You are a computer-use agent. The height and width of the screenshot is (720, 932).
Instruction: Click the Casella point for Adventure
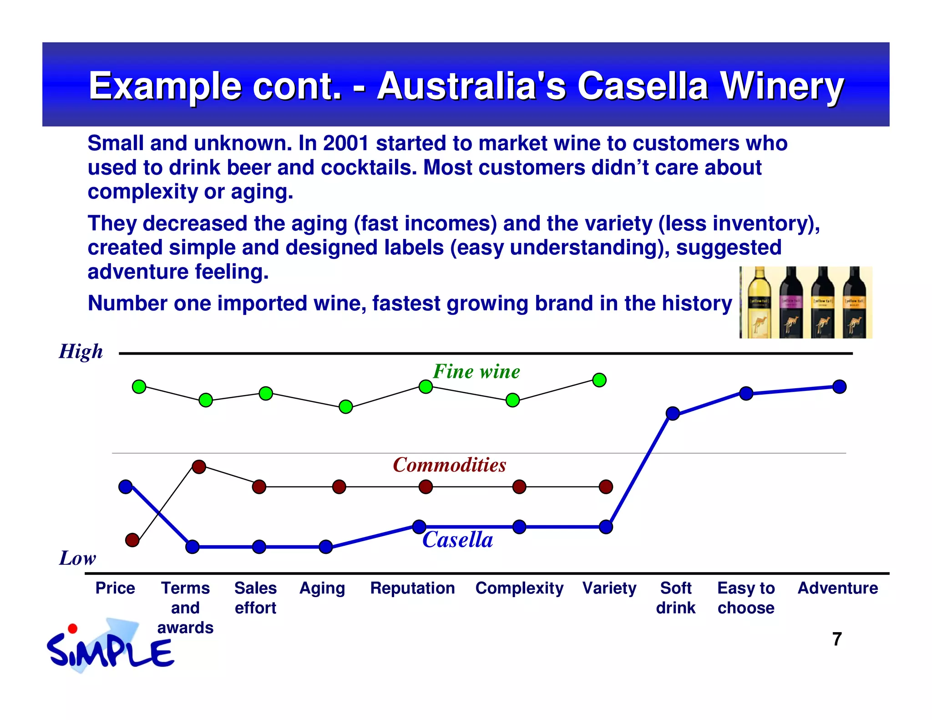tap(839, 387)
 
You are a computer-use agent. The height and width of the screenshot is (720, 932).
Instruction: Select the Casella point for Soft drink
tap(673, 413)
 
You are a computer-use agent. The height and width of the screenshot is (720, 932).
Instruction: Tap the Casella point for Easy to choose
tap(746, 393)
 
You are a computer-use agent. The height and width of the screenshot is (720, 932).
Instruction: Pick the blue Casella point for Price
tap(126, 487)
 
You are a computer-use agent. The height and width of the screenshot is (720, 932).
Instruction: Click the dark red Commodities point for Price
tap(132, 540)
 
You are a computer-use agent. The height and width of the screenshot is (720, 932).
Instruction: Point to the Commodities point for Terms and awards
tap(199, 466)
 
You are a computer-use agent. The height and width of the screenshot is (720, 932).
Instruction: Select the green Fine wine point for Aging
tap(346, 406)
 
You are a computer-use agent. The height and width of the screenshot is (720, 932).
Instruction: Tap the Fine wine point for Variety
tap(599, 380)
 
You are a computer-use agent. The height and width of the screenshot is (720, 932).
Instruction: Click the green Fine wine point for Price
tap(139, 387)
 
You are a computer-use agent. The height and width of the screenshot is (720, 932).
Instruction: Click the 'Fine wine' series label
tap(476, 371)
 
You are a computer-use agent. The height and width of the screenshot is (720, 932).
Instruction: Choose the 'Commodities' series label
tap(449, 465)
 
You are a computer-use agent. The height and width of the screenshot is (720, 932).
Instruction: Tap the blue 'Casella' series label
tap(457, 540)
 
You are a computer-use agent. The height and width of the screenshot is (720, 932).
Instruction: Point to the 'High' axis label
tap(81, 351)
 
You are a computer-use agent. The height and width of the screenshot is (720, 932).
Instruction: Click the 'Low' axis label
tap(78, 558)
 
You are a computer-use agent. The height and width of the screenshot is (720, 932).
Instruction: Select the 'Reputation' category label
tap(412, 588)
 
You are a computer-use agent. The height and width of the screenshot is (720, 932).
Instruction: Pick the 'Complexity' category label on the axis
tap(519, 588)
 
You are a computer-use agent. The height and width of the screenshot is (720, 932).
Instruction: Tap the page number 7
tap(837, 639)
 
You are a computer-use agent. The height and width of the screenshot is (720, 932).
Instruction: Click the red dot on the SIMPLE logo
tap(72, 629)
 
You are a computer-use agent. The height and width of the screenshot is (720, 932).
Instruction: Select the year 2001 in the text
tap(345, 143)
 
